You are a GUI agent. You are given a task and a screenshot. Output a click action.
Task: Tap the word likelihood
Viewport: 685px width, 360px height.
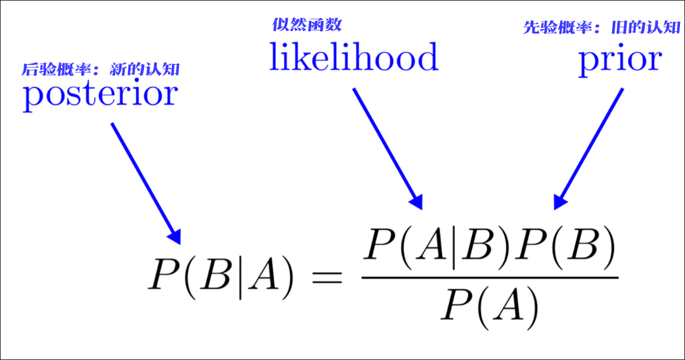tap(354, 58)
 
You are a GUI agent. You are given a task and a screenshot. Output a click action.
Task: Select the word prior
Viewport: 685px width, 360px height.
tap(620, 61)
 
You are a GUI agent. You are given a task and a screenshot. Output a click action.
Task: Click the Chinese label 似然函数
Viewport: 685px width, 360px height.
tap(307, 25)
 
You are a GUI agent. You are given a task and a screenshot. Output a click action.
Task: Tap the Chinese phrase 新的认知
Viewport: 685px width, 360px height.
tap(149, 69)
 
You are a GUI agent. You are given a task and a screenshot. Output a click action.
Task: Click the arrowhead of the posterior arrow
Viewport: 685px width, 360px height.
tap(175, 237)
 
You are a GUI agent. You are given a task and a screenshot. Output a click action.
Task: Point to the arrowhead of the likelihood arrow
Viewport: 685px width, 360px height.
tap(416, 202)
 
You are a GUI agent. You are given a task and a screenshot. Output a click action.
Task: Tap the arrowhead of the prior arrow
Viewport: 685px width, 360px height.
tap(560, 202)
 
